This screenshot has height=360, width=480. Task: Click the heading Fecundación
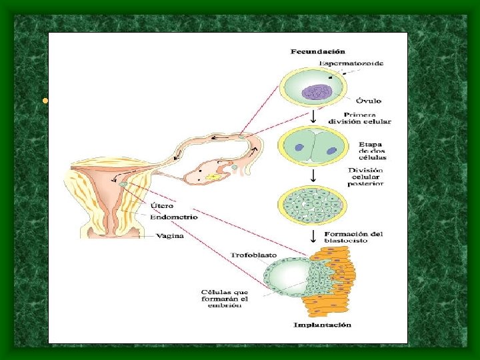[317, 51]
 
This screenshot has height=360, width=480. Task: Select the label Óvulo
[368, 101]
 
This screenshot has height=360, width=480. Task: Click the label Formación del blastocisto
[355, 237]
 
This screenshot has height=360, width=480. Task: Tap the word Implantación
[323, 325]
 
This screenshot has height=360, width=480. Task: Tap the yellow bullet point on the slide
[44, 101]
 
